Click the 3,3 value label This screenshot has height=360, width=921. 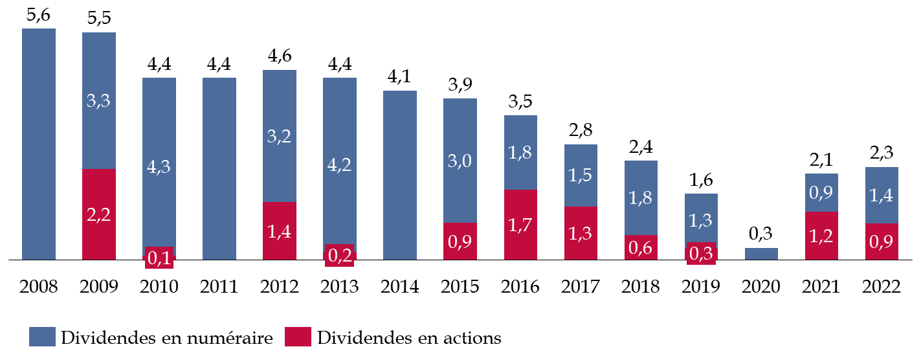pos(98,101)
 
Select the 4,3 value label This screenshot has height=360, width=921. pos(159,166)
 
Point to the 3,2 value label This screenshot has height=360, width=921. pos(279,137)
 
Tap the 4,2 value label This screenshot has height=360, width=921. pos(339,165)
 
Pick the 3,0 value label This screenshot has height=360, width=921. pos(460,161)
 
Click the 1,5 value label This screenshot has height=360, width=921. pos(580,175)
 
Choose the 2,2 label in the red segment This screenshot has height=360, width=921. pos(98,215)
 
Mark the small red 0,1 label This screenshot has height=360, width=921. pos(159,258)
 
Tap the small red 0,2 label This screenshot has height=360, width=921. pos(339,256)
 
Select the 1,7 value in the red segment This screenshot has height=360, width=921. pos(520,225)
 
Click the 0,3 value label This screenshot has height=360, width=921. pos(701,254)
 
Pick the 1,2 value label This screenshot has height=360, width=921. pos(821,236)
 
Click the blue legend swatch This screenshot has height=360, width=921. pos(42,337)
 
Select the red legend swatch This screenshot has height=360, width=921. pos(298,337)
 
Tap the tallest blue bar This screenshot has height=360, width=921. pos(39,144)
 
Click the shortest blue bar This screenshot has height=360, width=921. pos(761,254)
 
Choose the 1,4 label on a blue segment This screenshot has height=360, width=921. pos(882,196)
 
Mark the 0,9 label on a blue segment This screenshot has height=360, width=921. pos(821,193)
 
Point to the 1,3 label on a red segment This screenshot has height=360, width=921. pos(580,234)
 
